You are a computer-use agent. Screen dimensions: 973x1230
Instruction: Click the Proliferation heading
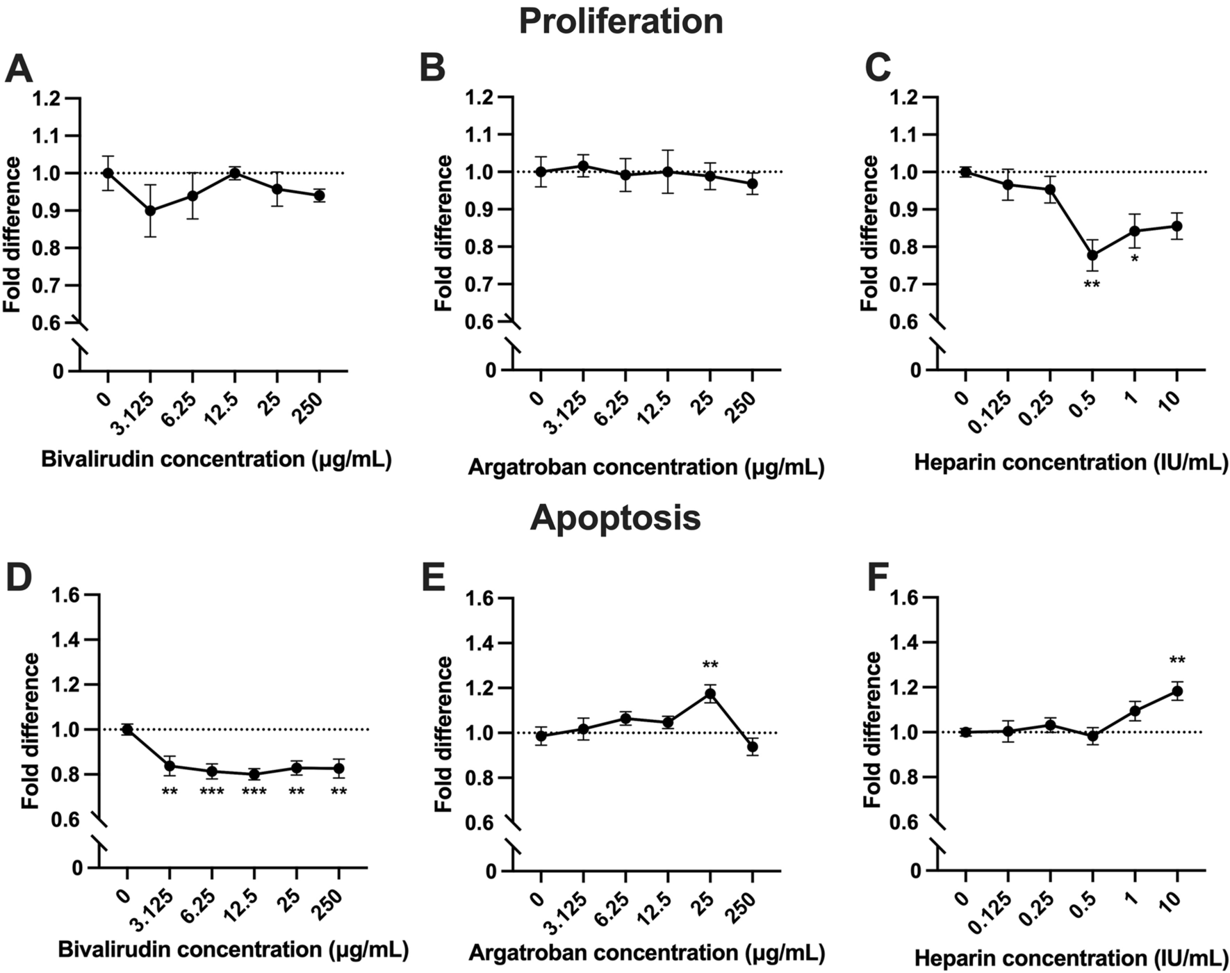coord(621,21)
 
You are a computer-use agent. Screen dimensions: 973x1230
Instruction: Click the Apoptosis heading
coord(615,518)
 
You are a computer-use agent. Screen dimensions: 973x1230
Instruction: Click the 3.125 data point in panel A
coord(150,211)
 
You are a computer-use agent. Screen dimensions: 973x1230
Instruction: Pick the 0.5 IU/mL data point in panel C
coord(1092,255)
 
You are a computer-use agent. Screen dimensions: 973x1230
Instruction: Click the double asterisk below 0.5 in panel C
coord(1092,285)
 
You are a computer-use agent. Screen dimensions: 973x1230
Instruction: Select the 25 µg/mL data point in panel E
coord(710,694)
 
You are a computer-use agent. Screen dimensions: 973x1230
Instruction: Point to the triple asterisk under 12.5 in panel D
coord(254,792)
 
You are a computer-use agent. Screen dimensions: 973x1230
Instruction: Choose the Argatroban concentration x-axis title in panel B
coord(646,467)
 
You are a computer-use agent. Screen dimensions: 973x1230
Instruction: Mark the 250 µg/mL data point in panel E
coord(752,747)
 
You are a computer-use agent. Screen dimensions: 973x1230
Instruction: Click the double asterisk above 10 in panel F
coord(1177,661)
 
